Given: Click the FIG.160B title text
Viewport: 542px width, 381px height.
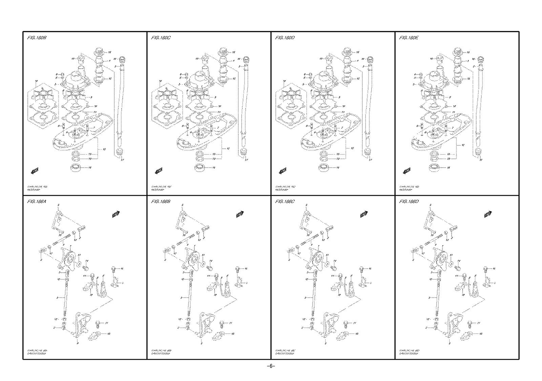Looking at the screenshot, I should point(37,38).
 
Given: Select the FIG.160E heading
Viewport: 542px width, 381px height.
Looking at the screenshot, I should point(409,38).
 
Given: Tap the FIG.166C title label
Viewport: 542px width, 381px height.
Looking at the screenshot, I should point(285,202).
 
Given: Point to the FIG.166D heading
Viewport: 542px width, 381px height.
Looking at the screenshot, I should point(409,202).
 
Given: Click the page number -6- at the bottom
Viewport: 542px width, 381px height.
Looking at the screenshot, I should point(271,366).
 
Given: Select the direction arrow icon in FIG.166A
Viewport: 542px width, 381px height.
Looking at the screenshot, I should point(116,214).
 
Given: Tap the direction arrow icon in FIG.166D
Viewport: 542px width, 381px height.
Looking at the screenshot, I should point(488,214).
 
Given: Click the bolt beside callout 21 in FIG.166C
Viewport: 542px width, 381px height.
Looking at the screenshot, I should point(345,324).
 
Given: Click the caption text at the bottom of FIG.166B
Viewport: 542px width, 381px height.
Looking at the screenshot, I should point(161,352).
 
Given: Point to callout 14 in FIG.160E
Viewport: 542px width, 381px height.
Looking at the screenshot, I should point(448,168).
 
